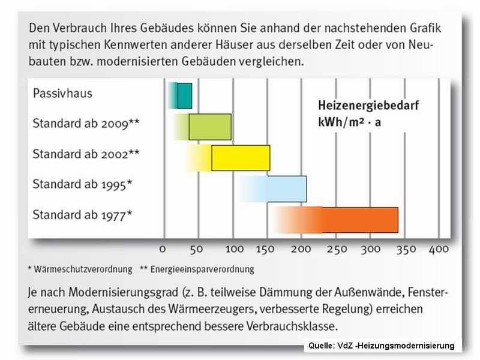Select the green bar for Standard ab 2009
click(x=210, y=127)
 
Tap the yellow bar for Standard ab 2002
click(x=240, y=158)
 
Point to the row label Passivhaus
click(x=62, y=94)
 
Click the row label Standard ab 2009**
click(x=86, y=124)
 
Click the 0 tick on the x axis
click(x=163, y=249)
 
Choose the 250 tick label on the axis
click(x=337, y=249)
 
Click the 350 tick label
click(x=406, y=249)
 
